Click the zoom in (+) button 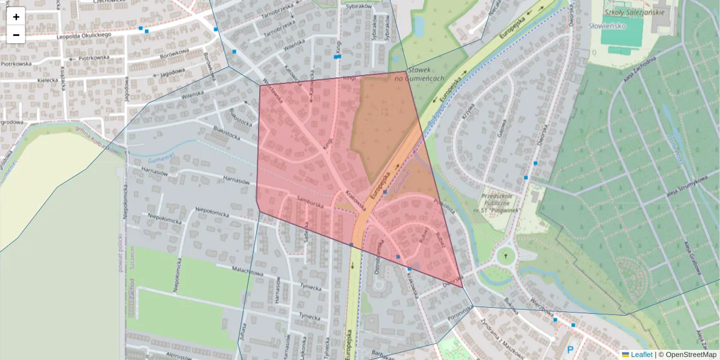tap(16, 17)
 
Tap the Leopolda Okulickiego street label tap(84, 35)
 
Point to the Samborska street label tap(310, 203)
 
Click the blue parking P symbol tap(571, 349)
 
